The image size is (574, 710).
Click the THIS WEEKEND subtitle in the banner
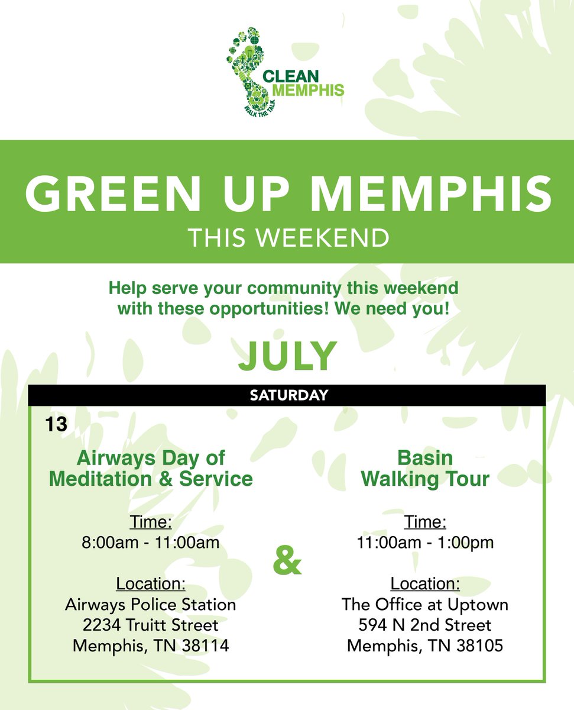coord(288,238)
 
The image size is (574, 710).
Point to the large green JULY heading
coord(287,355)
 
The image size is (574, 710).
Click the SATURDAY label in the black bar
coord(287,395)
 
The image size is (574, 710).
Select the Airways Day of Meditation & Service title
coord(151,467)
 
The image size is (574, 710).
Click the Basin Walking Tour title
coord(425,467)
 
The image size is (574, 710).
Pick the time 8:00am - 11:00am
coord(151,543)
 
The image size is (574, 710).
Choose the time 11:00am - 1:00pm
coord(425,543)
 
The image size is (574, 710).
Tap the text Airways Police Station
coord(151,605)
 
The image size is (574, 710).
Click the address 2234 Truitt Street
coord(151,625)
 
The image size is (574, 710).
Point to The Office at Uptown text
coord(425,605)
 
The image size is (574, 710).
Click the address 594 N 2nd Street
coord(425,625)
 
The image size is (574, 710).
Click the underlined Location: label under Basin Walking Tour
coord(425,584)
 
